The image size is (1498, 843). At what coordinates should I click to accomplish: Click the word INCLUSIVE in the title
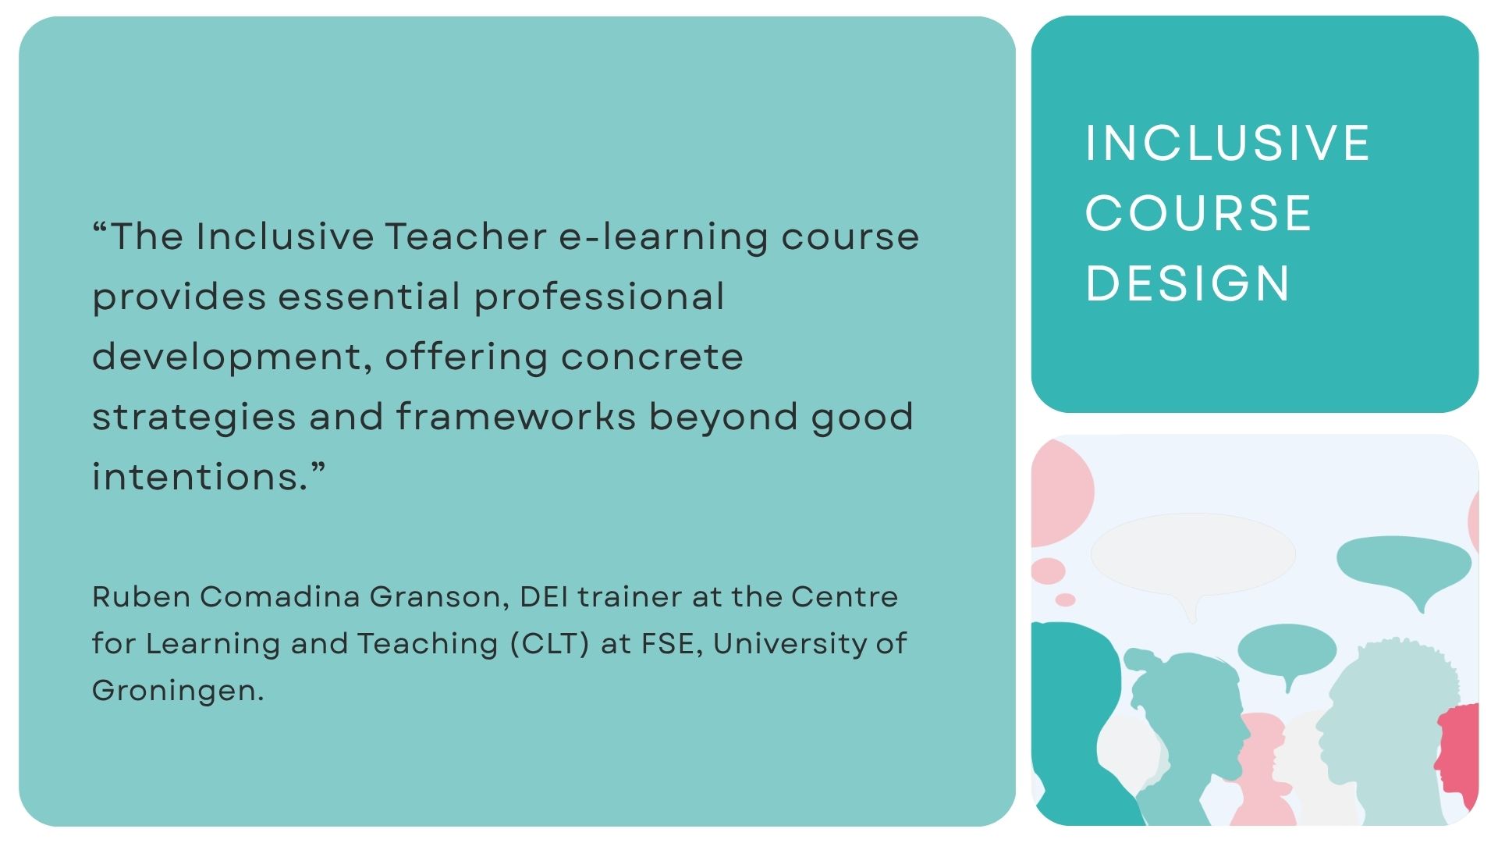(1227, 144)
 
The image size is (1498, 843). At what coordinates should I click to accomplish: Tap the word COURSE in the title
(1198, 213)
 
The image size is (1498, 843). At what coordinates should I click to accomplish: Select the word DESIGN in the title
(1187, 283)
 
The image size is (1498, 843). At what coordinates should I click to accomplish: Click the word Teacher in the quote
(466, 237)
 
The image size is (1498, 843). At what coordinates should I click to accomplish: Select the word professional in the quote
(599, 297)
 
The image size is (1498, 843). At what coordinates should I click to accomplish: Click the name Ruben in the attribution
(141, 597)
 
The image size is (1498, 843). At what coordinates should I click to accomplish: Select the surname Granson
(439, 597)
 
